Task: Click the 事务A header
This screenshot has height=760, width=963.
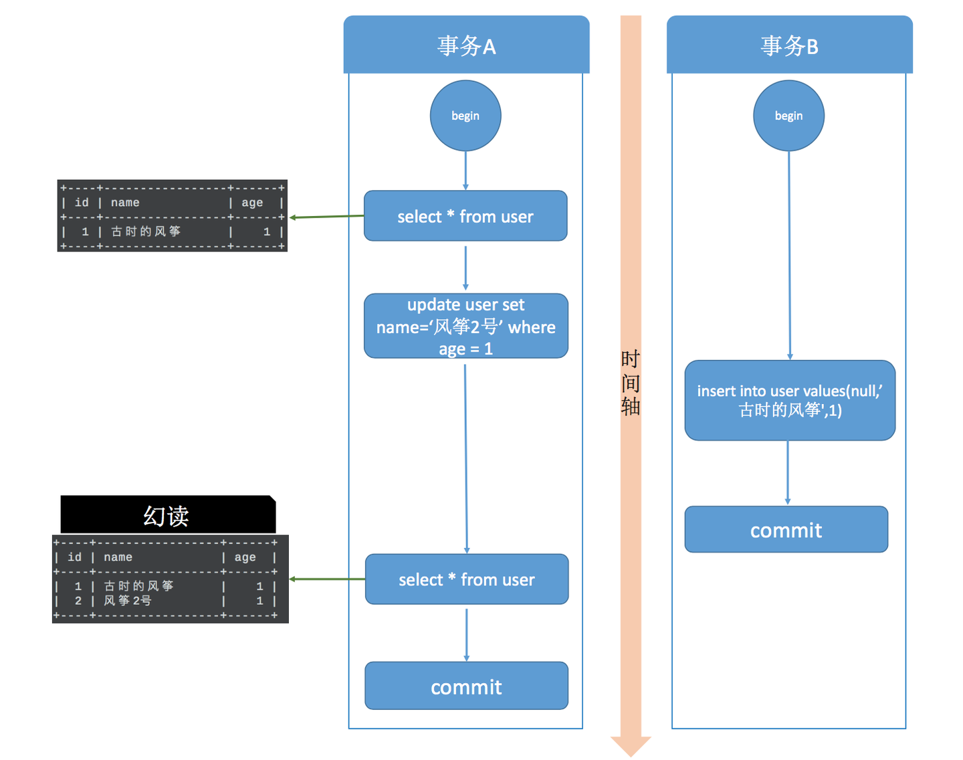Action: [466, 45]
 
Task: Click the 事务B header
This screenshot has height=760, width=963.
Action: [789, 45]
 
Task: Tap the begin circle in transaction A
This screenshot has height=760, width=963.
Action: [465, 116]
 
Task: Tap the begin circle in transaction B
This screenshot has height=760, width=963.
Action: [788, 116]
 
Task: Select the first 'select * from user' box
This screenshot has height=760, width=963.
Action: [465, 216]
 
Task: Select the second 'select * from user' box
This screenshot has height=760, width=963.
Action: [467, 579]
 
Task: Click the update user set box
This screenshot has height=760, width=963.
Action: [466, 326]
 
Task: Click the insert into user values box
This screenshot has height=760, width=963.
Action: [790, 400]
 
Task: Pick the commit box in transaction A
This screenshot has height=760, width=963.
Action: [466, 686]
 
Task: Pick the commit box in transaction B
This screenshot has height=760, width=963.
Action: [786, 530]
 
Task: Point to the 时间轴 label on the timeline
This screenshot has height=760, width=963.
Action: [631, 383]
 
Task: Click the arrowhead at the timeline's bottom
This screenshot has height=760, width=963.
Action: [631, 745]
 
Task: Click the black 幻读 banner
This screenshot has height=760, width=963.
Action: [167, 515]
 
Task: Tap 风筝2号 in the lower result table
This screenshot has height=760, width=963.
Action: [128, 601]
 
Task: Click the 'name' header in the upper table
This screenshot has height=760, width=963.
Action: [125, 203]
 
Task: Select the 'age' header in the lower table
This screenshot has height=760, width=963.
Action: [245, 557]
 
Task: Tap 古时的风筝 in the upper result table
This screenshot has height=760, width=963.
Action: [146, 231]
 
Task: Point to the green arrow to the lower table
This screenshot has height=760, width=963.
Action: [327, 579]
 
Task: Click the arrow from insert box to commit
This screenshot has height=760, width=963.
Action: [788, 472]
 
